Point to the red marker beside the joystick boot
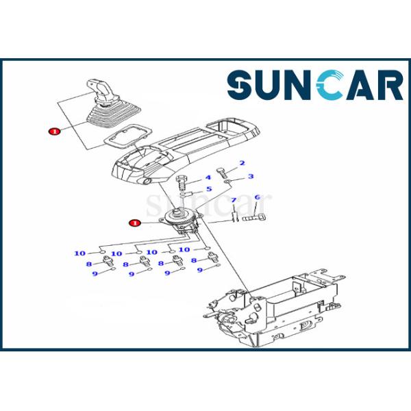(53, 129)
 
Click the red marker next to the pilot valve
(135, 222)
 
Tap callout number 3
(250, 176)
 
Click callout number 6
(257, 198)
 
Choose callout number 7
(233, 200)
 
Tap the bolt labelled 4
(182, 184)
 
